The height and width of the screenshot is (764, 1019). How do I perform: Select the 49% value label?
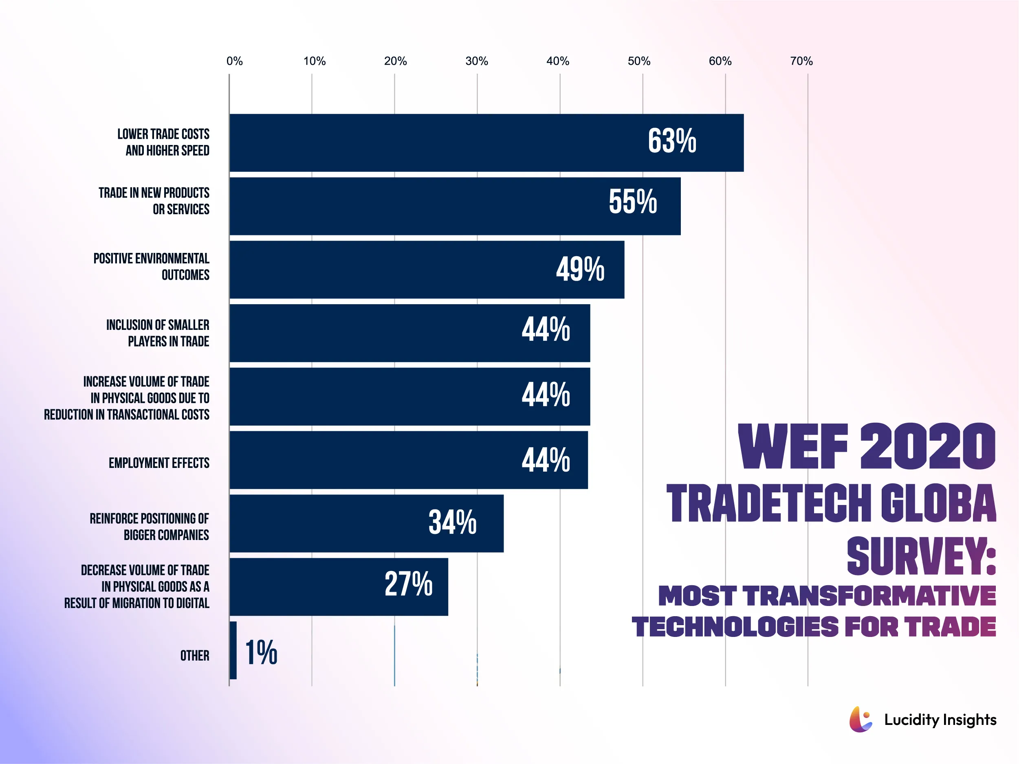580,270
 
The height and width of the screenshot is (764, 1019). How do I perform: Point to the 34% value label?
452,522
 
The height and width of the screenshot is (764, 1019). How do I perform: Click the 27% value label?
408,584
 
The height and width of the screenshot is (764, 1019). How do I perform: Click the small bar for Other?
233,650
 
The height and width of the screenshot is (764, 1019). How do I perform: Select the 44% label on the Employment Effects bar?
546,460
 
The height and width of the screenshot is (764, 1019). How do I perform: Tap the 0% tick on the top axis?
235,61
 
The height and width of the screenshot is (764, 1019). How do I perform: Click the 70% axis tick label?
801,61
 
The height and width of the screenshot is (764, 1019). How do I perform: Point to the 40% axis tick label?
557,61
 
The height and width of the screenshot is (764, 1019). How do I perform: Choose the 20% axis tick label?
395,61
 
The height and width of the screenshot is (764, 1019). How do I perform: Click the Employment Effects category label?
159,463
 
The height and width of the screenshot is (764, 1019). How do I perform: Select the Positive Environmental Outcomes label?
151,267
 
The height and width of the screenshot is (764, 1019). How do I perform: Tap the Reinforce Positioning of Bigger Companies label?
149,527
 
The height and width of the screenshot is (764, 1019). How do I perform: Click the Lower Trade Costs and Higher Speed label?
163,142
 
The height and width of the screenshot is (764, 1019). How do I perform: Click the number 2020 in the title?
927,447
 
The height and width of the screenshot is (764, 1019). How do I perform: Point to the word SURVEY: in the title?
921,556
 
